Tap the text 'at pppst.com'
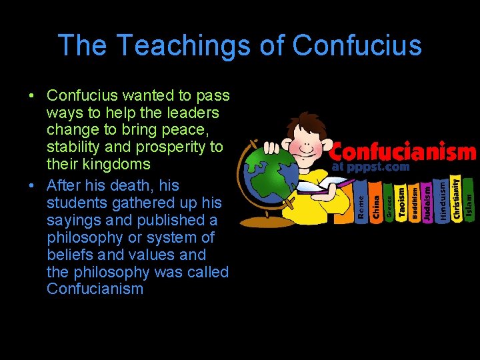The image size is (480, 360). (x=370, y=167)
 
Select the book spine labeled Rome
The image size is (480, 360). (x=361, y=204)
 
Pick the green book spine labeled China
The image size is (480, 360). (x=375, y=203)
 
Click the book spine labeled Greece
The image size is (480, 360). (x=389, y=203)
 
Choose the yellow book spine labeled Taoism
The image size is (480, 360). (x=402, y=201)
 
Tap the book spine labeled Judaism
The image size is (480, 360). (x=428, y=202)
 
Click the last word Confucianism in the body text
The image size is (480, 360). (x=95, y=289)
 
